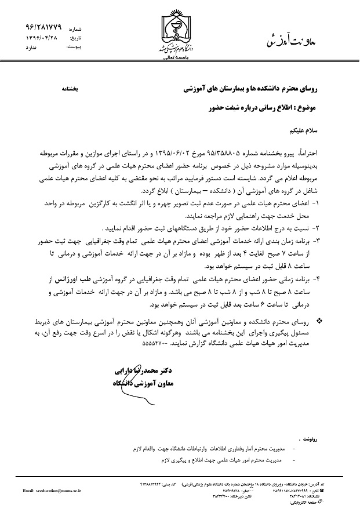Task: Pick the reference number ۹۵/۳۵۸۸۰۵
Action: click(x=205, y=157)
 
